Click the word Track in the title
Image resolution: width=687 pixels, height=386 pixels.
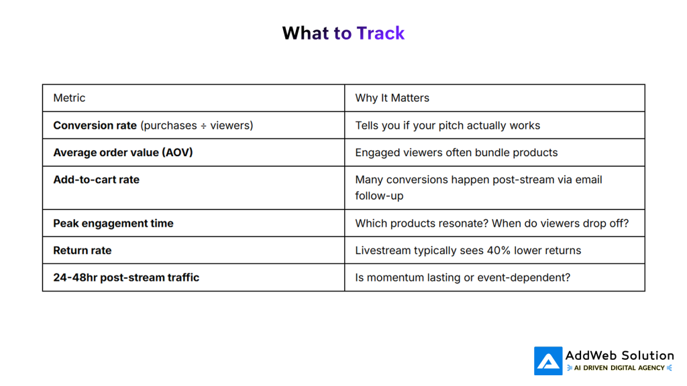click(x=380, y=34)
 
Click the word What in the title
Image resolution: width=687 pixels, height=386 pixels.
click(x=306, y=34)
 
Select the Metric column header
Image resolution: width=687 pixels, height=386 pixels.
click(x=69, y=98)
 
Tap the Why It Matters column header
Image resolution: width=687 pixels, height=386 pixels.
click(x=392, y=98)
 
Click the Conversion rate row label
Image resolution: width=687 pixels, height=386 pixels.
click(x=95, y=125)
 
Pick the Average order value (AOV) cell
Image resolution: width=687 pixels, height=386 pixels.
click(x=123, y=152)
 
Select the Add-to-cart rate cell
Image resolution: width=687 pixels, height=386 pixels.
click(x=96, y=180)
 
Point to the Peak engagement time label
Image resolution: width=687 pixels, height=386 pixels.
click(x=113, y=223)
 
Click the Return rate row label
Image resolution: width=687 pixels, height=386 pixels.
click(x=82, y=250)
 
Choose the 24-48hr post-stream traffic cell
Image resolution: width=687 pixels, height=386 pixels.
click(x=126, y=277)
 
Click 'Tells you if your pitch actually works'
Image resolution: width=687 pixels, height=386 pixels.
click(x=447, y=125)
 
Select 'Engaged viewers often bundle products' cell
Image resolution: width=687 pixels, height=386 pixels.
click(x=456, y=152)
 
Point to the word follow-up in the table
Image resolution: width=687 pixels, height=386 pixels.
click(x=379, y=196)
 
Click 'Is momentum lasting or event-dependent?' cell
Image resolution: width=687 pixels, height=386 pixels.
click(x=462, y=277)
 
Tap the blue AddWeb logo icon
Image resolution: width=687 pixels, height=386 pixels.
click(x=547, y=361)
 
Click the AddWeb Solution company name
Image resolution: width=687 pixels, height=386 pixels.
click(x=619, y=355)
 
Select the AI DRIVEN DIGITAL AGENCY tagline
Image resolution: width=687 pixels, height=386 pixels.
click(x=619, y=368)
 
